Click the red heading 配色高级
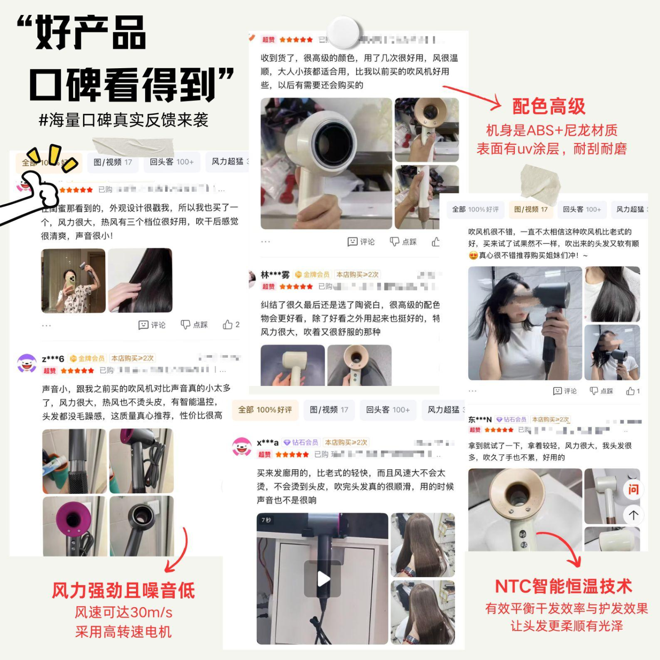(x=548, y=106)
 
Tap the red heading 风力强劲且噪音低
(x=124, y=590)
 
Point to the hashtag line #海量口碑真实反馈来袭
(x=124, y=120)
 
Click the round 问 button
(x=633, y=489)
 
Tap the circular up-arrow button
(x=633, y=515)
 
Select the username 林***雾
(x=275, y=275)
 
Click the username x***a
(x=268, y=443)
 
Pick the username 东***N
(x=480, y=420)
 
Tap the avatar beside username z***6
(x=26, y=364)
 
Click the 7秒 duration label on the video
(x=266, y=520)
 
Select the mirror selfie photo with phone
(x=73, y=281)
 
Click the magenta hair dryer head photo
(x=74, y=526)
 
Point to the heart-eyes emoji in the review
(x=473, y=256)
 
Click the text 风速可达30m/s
(x=124, y=612)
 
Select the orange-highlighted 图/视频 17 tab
(x=531, y=209)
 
